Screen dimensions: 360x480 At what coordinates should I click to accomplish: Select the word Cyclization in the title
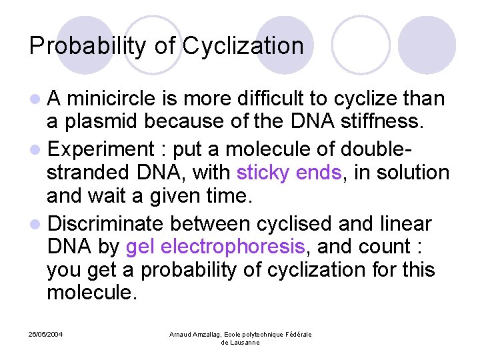coord(243,46)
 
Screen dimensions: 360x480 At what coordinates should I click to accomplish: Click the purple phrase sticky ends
coord(289,173)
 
